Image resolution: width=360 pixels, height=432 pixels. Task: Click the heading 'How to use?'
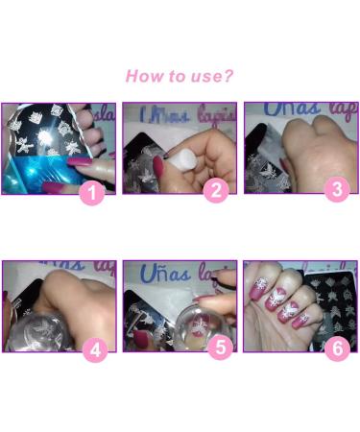tap(180, 75)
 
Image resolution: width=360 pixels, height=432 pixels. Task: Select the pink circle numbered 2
tap(215, 190)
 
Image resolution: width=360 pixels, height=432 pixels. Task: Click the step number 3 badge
tap(335, 190)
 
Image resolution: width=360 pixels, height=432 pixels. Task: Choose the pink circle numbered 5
tap(220, 348)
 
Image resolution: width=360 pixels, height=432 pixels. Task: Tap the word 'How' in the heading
tap(142, 75)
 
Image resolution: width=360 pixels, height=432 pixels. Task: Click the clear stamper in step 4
tap(38, 326)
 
